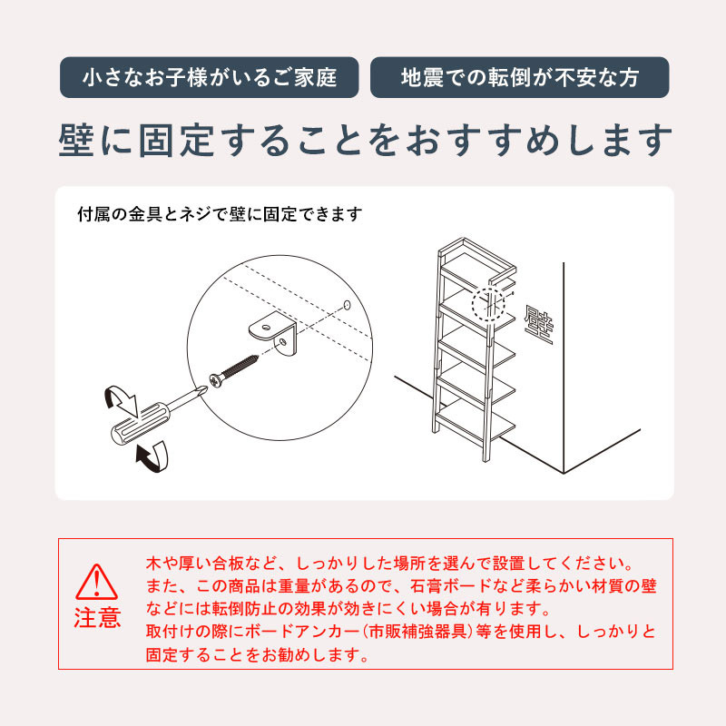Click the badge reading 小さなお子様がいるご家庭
coord(209,77)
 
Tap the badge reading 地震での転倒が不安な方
coord(519,77)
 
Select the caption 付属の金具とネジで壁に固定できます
coord(221,215)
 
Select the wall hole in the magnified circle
coord(347,304)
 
